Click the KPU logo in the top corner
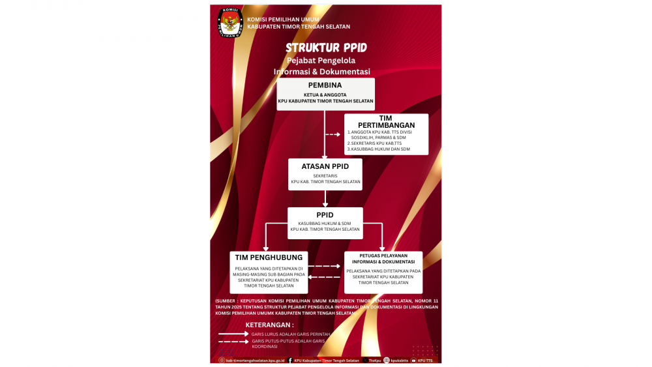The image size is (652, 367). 229,22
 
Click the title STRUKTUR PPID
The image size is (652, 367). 326,48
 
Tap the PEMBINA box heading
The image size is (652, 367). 325,85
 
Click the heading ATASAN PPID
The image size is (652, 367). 325,166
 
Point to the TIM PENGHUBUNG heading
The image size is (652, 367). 269,257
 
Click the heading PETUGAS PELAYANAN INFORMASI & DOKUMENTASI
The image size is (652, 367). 383,259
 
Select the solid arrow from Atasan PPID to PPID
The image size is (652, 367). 325,199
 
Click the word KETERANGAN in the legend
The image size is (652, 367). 269,324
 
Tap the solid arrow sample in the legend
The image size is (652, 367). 233,334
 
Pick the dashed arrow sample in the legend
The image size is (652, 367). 233,342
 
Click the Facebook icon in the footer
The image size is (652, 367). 289,360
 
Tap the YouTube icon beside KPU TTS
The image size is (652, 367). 413,360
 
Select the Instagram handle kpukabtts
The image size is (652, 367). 399,360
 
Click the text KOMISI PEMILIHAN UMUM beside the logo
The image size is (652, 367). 283,20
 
